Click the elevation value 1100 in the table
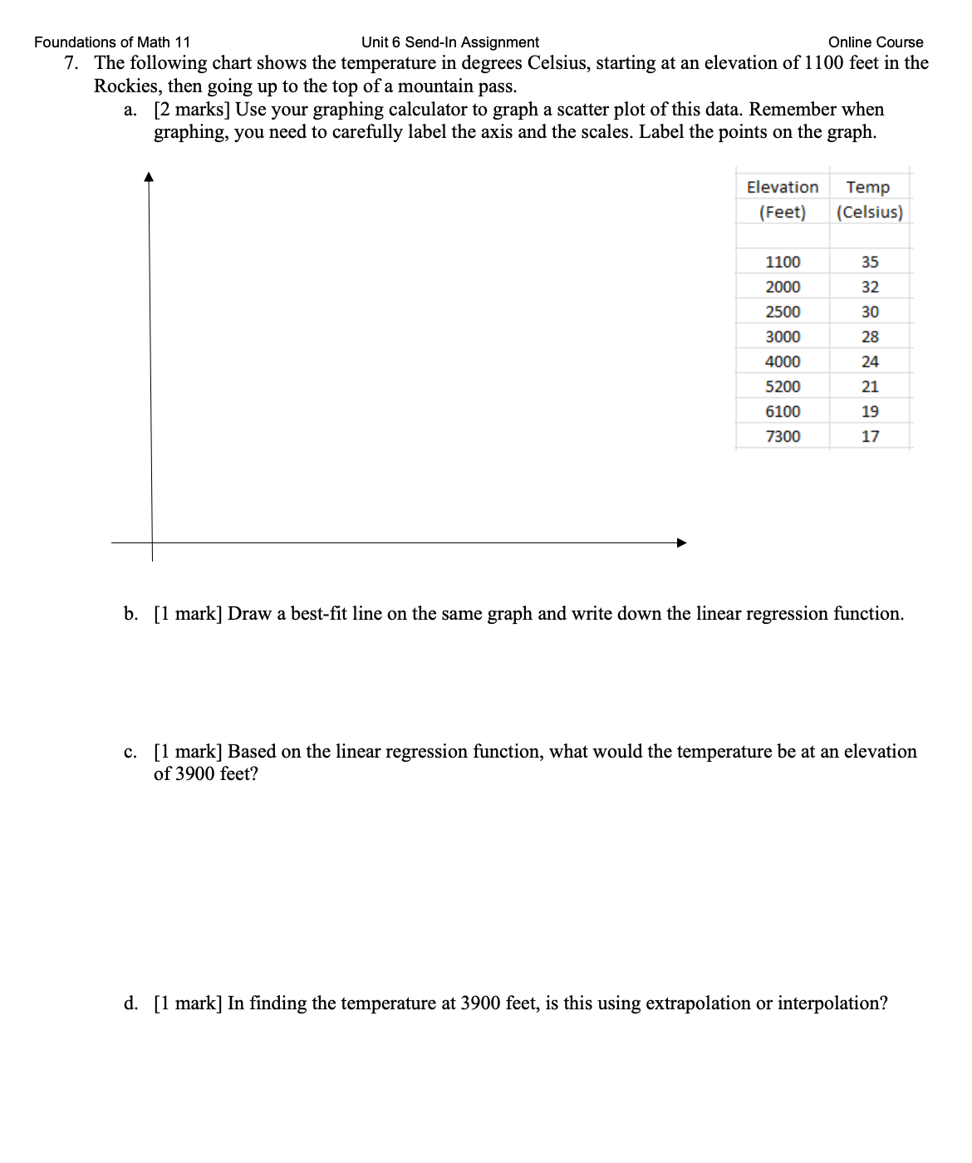click(783, 263)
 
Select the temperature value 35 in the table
click(870, 263)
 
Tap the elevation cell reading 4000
click(783, 362)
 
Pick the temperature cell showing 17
click(870, 437)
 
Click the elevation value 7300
click(783, 437)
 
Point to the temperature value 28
click(870, 337)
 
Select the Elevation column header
click(782, 188)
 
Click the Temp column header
click(868, 188)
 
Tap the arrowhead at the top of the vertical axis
click(149, 176)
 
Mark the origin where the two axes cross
click(152, 543)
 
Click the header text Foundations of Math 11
click(112, 42)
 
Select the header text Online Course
click(876, 42)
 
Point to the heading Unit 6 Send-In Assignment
click(450, 42)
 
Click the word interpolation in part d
click(831, 1004)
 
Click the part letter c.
click(130, 753)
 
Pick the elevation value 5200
click(783, 387)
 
